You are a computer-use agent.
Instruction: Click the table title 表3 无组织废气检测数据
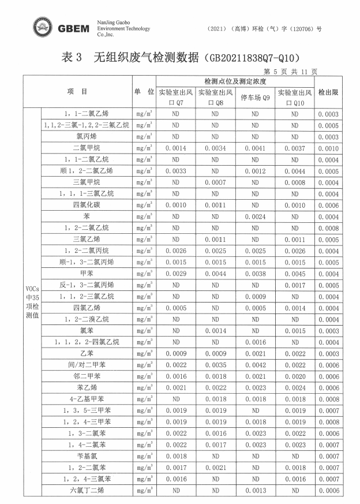(179, 58)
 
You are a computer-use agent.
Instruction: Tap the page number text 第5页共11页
(290, 72)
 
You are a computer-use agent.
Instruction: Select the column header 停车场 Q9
(255, 98)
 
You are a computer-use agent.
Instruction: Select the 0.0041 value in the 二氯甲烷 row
(255, 148)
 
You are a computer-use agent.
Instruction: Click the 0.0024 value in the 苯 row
(255, 216)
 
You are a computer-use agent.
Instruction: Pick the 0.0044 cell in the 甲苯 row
(215, 274)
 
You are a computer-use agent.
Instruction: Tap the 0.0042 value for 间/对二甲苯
(255, 365)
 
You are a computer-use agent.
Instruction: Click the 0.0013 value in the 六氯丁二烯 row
(255, 490)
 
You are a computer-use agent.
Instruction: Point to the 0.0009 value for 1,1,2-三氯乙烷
(255, 296)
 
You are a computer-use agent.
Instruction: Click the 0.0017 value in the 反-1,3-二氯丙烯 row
(294, 285)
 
